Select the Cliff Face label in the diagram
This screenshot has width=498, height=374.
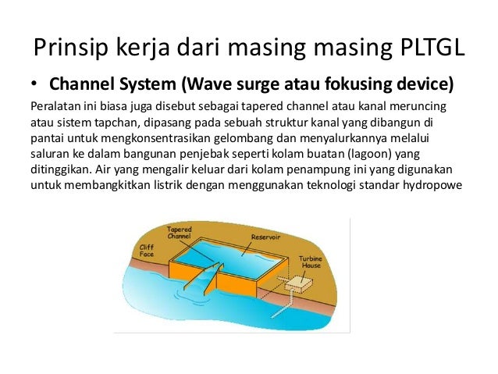click(x=146, y=250)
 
